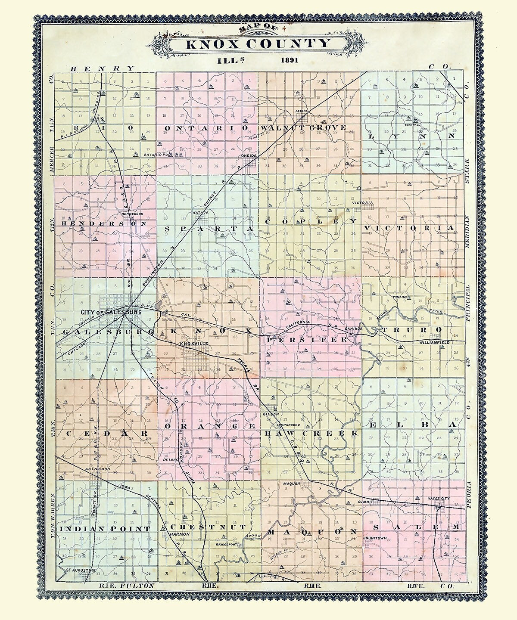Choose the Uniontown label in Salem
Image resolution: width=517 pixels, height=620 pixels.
pos(376,538)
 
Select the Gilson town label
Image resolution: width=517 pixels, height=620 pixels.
pos(268,414)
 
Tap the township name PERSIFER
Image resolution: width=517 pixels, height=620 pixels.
pos(306,340)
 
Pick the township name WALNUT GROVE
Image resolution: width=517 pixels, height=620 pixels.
pos(303,128)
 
